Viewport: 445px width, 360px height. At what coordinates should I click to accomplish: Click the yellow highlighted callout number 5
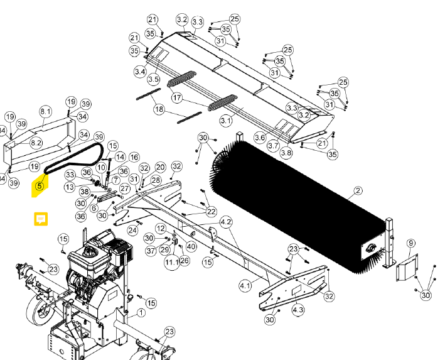[x=40, y=186]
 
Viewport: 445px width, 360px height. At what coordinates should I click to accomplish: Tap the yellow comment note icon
[x=41, y=219]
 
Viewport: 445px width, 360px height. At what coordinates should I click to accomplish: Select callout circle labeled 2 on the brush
[x=358, y=190]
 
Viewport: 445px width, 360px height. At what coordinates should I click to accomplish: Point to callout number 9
[x=410, y=243]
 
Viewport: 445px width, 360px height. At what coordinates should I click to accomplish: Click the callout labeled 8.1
[x=46, y=111]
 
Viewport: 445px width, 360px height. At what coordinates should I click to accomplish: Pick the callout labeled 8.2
[x=36, y=143]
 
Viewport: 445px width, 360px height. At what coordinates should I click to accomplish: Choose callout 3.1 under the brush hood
[x=225, y=119]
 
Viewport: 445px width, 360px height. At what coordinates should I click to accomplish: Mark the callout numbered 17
[x=177, y=99]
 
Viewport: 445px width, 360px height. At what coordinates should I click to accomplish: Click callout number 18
[x=159, y=109]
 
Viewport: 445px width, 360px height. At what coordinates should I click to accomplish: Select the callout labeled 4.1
[x=245, y=285]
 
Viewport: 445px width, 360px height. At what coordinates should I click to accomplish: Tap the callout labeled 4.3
[x=298, y=310]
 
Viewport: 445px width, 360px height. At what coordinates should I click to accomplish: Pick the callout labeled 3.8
[x=286, y=153]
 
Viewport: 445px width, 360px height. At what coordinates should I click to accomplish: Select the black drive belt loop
[x=75, y=156]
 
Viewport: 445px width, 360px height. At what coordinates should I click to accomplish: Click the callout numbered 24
[x=132, y=231]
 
